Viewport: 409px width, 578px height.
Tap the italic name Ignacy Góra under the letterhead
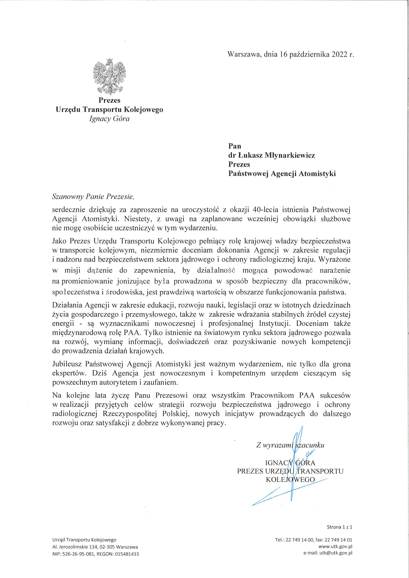point(109,119)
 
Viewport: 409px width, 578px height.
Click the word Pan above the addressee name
point(235,146)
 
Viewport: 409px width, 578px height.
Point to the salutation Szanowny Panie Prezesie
point(93,197)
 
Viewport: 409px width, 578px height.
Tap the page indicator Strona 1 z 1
point(339,527)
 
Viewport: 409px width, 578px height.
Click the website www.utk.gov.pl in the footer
point(335,547)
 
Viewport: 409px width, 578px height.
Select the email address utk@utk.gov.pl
point(336,553)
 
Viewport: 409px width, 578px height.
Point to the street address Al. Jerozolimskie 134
point(79,547)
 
